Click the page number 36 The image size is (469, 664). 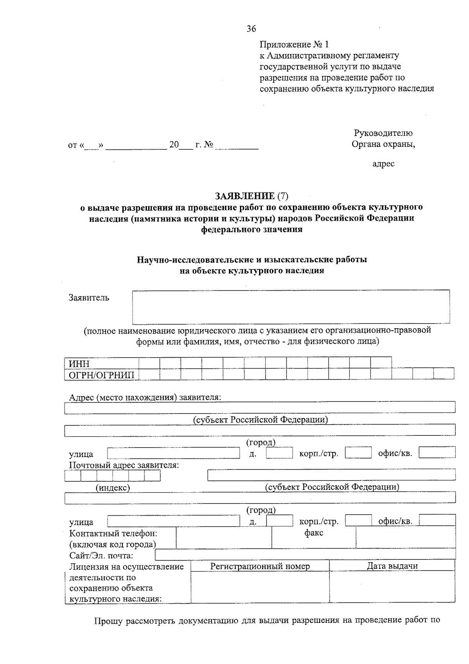(251, 29)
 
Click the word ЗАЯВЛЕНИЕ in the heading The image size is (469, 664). (245, 196)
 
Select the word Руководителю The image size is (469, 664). (383, 133)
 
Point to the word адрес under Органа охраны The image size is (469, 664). (383, 164)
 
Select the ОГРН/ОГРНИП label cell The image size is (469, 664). (102, 375)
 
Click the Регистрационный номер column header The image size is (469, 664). (260, 566)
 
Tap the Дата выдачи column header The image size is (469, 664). (392, 566)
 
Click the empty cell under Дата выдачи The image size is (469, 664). (392, 587)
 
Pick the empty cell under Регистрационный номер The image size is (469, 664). (260, 587)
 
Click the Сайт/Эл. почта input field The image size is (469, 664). (305, 554)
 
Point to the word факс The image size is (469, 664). (314, 533)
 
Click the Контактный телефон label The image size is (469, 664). (113, 533)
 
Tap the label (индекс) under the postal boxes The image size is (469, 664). (113, 488)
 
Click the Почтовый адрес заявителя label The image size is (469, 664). (124, 465)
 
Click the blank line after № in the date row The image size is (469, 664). (237, 146)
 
